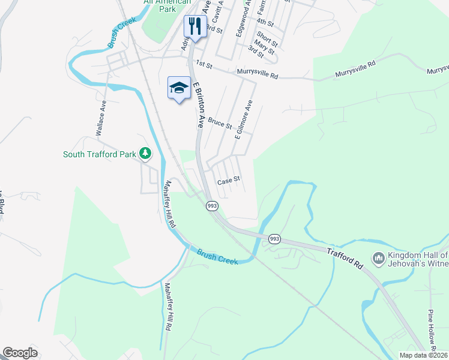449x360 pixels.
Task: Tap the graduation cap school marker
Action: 179,88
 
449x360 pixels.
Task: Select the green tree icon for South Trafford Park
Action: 145,154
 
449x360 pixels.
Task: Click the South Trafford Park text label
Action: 100,155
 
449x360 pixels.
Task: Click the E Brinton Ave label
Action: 198,105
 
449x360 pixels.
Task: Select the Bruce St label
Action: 220,123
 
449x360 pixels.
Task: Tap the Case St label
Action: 228,179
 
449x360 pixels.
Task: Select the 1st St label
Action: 204,64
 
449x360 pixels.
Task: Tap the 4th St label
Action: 265,23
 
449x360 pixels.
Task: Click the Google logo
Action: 20,352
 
